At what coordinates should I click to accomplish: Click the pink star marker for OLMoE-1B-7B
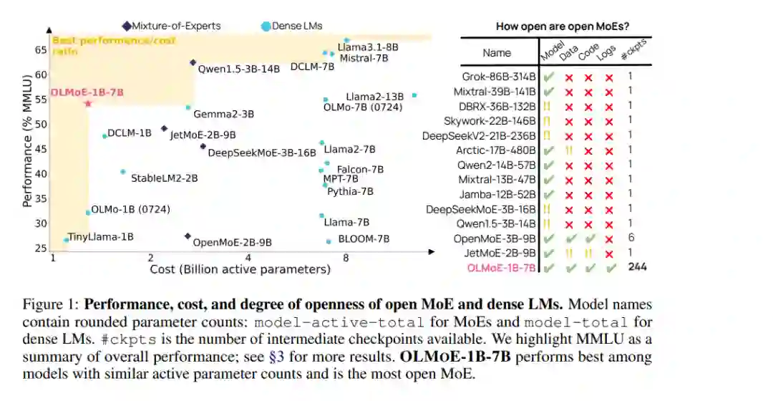[x=88, y=104]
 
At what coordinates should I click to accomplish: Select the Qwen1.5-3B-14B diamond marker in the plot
[x=193, y=62]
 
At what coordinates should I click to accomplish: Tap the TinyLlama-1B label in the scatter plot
[x=100, y=237]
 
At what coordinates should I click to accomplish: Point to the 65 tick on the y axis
[x=40, y=50]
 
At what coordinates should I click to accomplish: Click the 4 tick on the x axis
[x=248, y=258]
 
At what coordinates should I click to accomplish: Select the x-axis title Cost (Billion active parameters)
[x=240, y=270]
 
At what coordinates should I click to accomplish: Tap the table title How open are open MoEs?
[x=563, y=26]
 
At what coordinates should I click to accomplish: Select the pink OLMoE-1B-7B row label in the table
[x=501, y=268]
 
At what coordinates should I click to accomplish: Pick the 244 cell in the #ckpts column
[x=638, y=267]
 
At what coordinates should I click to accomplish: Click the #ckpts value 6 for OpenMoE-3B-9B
[x=631, y=237]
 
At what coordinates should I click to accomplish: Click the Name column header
[x=497, y=52]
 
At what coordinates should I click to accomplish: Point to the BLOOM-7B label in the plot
[x=364, y=239]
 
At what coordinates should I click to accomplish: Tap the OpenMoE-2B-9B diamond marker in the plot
[x=188, y=236]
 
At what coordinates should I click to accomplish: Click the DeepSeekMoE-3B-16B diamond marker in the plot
[x=203, y=147]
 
